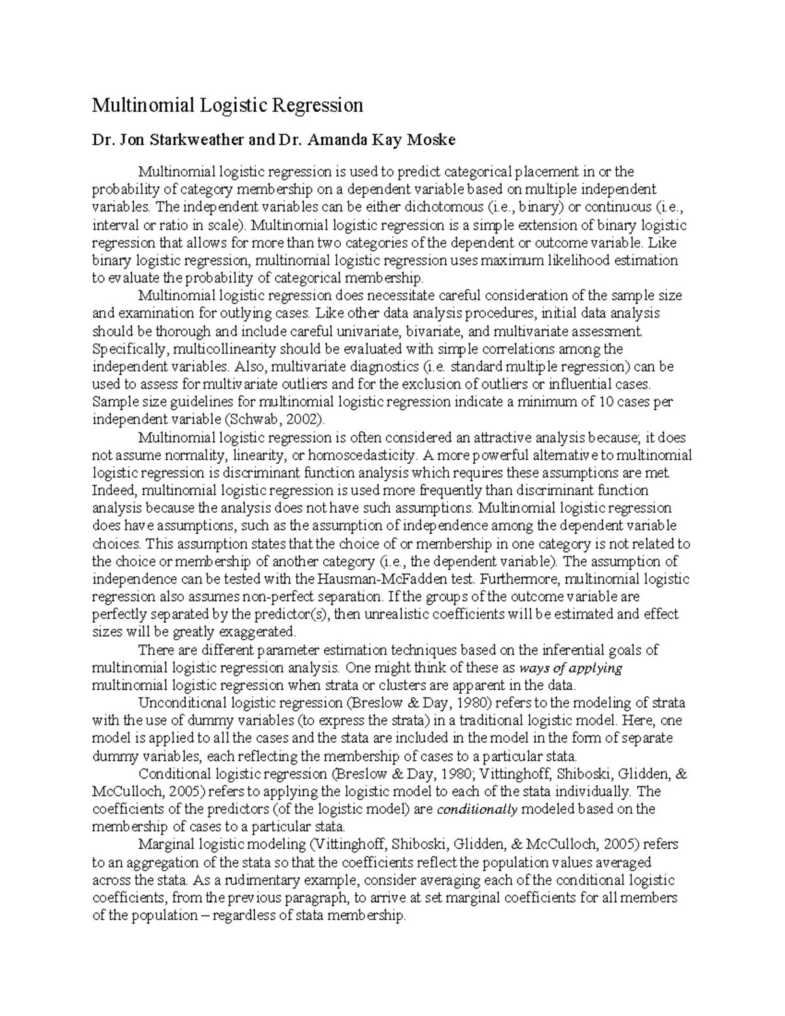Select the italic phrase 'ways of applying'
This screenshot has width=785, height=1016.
point(570,668)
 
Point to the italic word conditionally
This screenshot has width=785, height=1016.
point(477,809)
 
